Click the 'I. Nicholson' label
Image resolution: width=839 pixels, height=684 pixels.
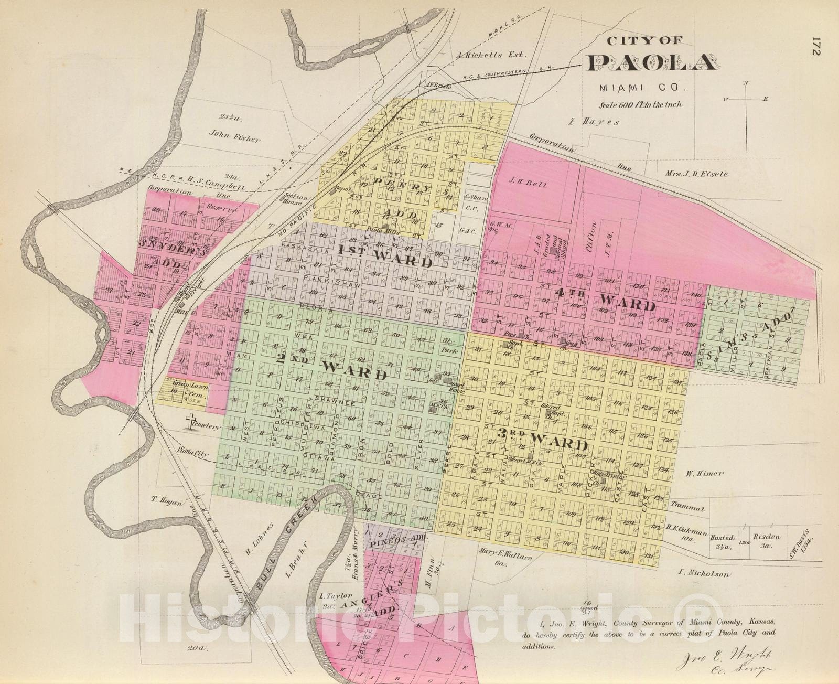point(703,574)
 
